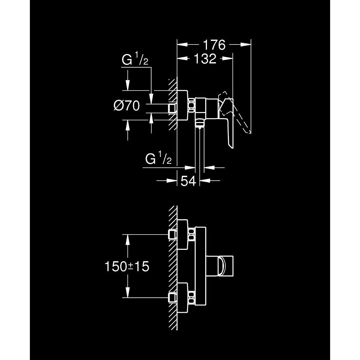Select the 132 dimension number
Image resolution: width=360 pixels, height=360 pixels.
[x=205, y=59]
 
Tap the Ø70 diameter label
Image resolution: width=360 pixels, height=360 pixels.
[x=127, y=106]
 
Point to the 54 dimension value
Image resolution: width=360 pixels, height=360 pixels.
[x=188, y=181]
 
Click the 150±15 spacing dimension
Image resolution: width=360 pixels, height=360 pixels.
[x=127, y=266]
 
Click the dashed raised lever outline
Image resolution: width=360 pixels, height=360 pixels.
[x=234, y=112]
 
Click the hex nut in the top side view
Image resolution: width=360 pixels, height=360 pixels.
[x=191, y=106]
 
